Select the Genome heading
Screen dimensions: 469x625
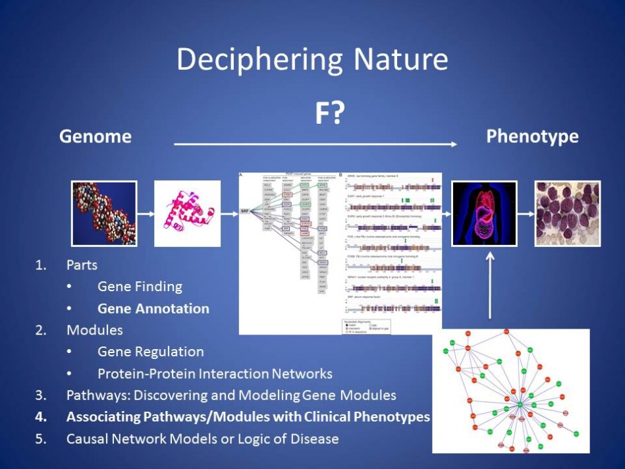coord(95,136)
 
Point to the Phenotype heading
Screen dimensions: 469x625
coord(532,136)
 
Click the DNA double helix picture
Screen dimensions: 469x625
coord(104,213)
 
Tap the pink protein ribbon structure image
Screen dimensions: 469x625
coord(187,213)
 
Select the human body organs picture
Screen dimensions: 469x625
coord(484,213)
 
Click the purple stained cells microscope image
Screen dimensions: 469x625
coord(568,213)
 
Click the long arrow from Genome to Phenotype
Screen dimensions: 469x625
coord(316,143)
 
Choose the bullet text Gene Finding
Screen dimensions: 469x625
coord(140,287)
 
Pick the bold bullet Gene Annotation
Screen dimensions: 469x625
coord(153,308)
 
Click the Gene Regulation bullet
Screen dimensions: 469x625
coord(151,352)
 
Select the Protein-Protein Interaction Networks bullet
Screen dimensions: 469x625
coord(215,373)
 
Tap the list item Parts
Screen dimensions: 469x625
coord(82,265)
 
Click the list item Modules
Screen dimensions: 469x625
coord(94,329)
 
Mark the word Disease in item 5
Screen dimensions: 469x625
coord(315,438)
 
